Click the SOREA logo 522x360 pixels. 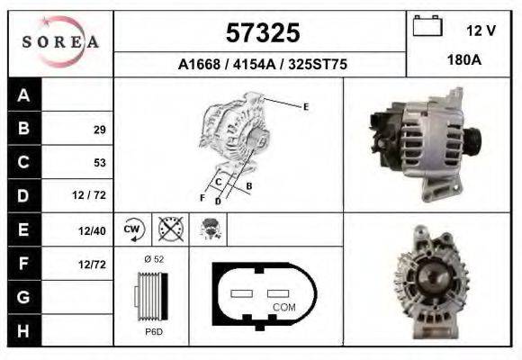tap(61, 43)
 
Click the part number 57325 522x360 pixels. tap(262, 33)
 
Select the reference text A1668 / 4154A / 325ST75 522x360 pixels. tap(262, 66)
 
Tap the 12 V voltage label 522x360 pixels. tap(481, 31)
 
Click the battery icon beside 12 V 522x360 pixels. tap(426, 26)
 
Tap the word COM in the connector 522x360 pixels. tap(283, 307)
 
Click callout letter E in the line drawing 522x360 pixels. tap(306, 107)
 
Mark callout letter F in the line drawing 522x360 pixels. tap(202, 197)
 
